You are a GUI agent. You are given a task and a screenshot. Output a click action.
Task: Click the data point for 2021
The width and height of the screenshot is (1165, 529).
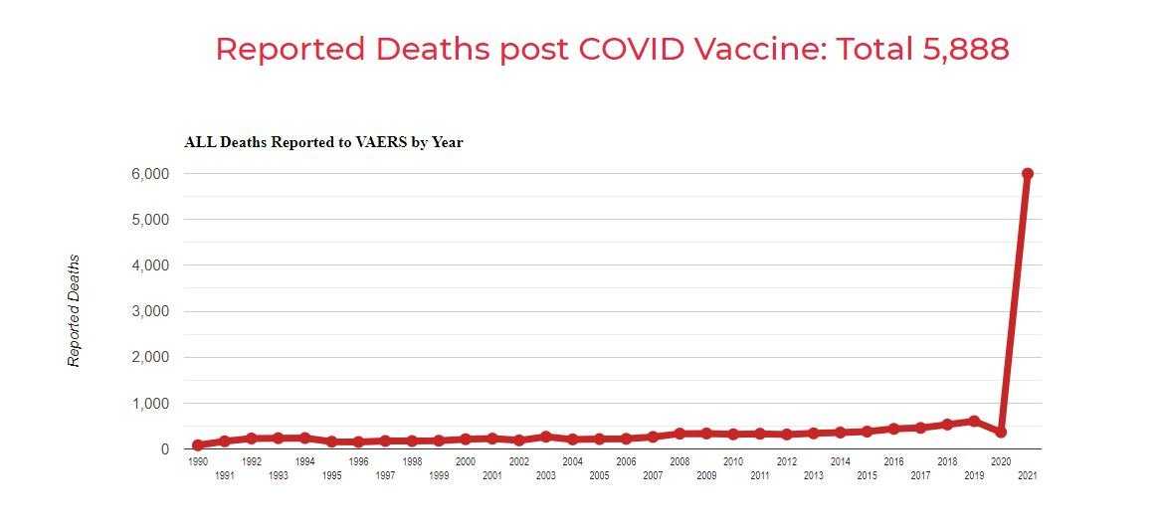pos(1028,174)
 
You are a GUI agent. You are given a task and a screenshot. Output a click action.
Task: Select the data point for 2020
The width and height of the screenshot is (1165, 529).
pos(1001,432)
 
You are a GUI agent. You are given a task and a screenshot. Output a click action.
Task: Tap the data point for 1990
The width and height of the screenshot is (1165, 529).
pos(198,445)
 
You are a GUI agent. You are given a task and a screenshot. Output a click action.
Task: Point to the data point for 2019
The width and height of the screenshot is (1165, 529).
pos(974,421)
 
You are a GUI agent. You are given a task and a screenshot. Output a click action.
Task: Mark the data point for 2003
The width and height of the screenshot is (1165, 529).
pos(545,437)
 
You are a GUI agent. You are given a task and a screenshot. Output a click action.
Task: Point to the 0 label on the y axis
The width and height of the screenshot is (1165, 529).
pos(164,449)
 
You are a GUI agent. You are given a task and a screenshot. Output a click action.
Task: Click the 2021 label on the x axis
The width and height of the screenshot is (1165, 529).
pos(1028,476)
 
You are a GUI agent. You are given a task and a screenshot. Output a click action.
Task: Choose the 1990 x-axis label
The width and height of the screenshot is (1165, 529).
pos(198,462)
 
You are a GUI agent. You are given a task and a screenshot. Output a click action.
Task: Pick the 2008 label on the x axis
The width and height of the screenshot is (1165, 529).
pos(680,462)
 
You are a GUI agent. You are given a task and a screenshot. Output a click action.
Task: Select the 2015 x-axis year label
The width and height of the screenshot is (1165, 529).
pos(867,476)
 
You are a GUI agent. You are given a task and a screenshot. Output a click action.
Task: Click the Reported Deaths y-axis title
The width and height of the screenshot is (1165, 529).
pos(74,311)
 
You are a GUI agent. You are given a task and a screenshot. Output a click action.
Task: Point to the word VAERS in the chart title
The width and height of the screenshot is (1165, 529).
pos(367,142)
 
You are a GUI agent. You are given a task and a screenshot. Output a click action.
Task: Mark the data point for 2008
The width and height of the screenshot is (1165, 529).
pos(680,434)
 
